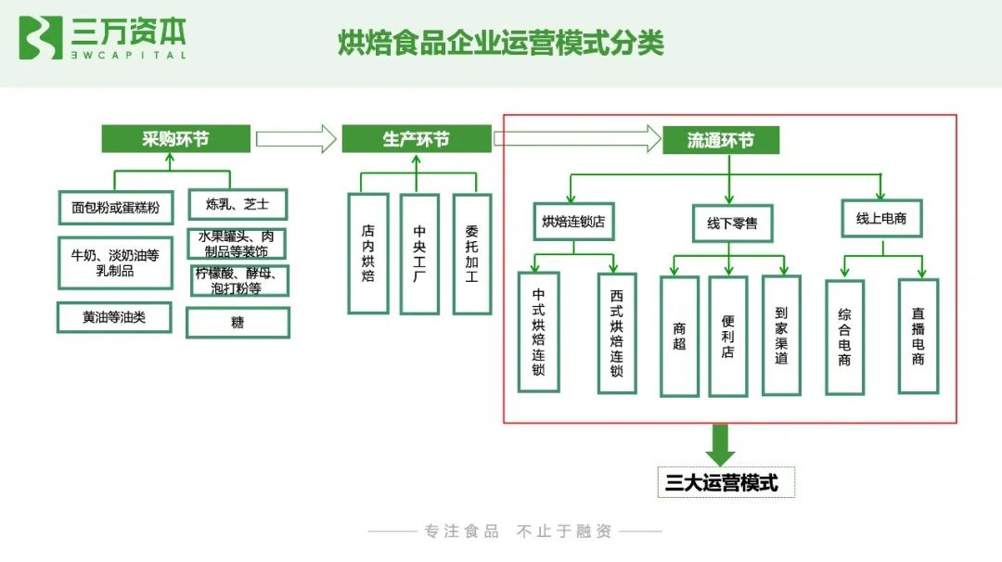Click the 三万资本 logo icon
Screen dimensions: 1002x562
point(40,38)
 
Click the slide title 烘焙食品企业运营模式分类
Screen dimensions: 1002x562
point(501,43)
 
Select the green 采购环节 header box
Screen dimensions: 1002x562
point(175,138)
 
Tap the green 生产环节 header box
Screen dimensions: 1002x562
point(417,138)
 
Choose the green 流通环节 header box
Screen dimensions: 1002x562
point(721,140)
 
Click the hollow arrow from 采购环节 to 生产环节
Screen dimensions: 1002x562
point(296,138)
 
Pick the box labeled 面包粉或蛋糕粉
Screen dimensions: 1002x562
point(116,208)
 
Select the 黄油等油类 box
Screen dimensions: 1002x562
point(114,317)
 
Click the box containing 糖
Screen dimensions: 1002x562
point(238,323)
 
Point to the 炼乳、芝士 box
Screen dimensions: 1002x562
point(238,204)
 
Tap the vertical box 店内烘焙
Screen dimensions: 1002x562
point(368,253)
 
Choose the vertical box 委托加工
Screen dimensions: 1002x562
point(471,254)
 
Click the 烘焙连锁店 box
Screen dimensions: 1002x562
point(574,222)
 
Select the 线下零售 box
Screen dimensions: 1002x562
point(732,224)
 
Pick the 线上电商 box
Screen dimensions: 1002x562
point(881,219)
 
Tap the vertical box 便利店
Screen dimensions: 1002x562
point(728,337)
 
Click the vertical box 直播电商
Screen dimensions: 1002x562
point(918,337)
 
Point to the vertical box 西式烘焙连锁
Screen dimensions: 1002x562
point(617,333)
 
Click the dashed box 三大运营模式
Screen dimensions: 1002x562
point(726,482)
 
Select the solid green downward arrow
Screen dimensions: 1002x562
point(720,444)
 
